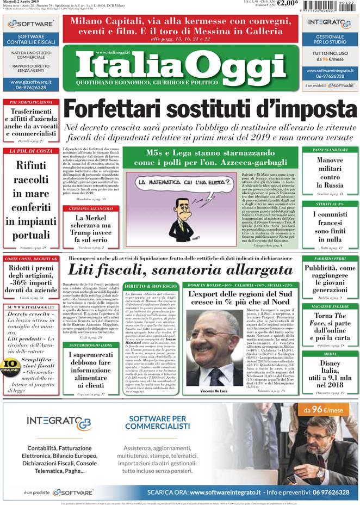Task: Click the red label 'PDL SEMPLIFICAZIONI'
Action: (x=27, y=102)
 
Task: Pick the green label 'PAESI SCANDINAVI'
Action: (x=330, y=150)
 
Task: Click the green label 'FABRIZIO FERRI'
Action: (x=330, y=258)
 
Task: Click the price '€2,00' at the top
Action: (x=287, y=3)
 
